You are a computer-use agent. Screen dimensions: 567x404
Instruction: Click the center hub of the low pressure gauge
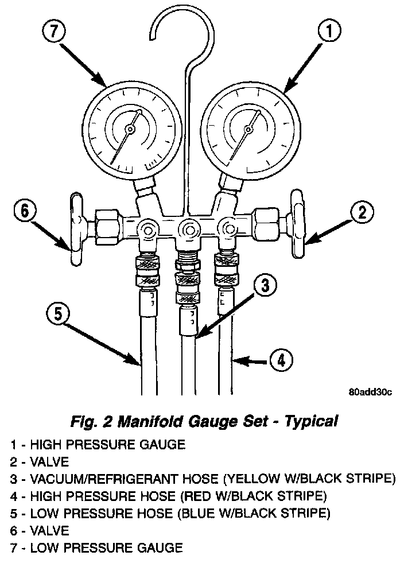point(131,130)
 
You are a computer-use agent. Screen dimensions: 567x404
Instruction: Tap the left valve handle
point(76,230)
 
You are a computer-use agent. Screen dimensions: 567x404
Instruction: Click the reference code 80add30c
point(369,393)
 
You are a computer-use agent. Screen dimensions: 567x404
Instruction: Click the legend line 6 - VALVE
point(40,530)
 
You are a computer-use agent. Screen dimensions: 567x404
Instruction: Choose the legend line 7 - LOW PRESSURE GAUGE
point(96,548)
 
